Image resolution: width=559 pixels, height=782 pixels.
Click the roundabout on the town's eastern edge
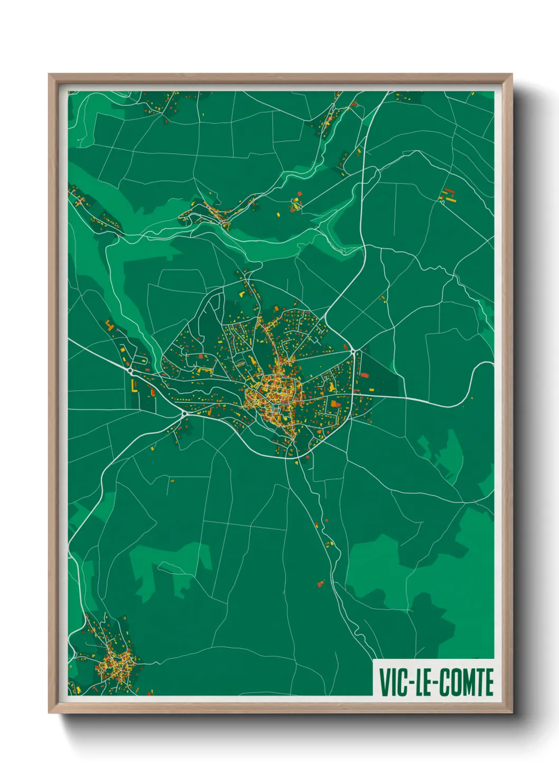[352, 351]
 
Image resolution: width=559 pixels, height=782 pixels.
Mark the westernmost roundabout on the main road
[130, 371]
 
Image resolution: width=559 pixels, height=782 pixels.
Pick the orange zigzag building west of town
[109, 325]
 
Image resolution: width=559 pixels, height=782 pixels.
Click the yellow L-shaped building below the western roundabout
[134, 386]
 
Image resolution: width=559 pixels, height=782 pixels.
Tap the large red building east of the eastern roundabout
[364, 375]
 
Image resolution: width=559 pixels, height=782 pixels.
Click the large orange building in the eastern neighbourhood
[334, 404]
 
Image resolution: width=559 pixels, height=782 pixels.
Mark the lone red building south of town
[320, 584]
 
